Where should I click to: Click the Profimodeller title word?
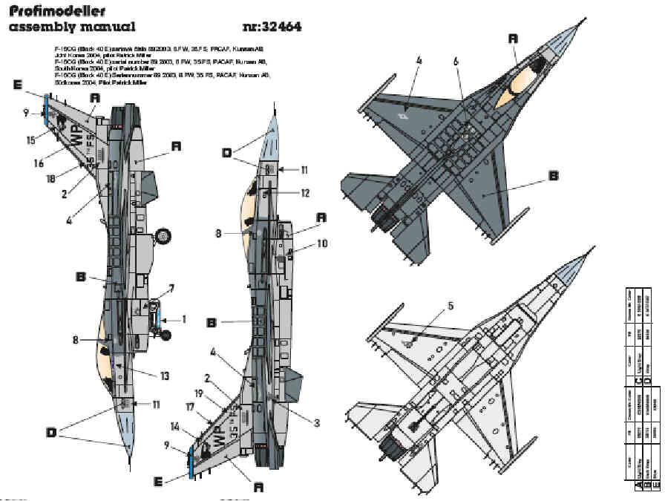[56, 11]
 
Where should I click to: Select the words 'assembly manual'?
[71, 28]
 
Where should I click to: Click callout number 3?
[316, 423]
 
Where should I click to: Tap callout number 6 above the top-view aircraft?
[456, 62]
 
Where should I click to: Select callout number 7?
[171, 287]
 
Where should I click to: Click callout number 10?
[321, 243]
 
